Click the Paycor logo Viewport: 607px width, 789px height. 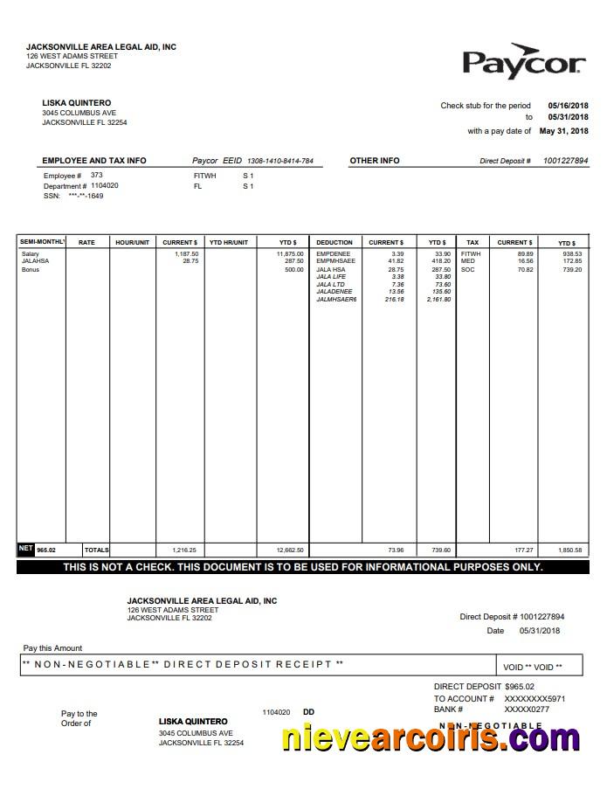pyautogui.click(x=523, y=61)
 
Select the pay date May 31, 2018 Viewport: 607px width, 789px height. pyautogui.click(x=563, y=131)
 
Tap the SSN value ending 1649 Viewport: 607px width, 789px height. pyautogui.click(x=86, y=196)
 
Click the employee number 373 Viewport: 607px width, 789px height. pyautogui.click(x=97, y=176)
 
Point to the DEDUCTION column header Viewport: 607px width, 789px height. pyautogui.click(x=335, y=242)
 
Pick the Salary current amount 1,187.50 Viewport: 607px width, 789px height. pyautogui.click(x=186, y=253)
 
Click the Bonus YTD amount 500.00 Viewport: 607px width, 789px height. pyautogui.click(x=293, y=269)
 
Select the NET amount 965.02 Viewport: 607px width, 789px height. pyautogui.click(x=45, y=550)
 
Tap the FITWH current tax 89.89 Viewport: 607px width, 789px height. pyautogui.click(x=524, y=253)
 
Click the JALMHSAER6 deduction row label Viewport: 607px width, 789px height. pyautogui.click(x=336, y=300)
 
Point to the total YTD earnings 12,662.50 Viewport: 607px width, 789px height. pyautogui.click(x=290, y=550)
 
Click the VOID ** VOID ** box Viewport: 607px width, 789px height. pyautogui.click(x=533, y=667)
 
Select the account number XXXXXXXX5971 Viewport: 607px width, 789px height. pyautogui.click(x=535, y=699)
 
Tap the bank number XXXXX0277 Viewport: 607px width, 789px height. pyautogui.click(x=527, y=709)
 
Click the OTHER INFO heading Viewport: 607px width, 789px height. pyautogui.click(x=374, y=161)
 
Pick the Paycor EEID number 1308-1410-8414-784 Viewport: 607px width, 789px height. pyautogui.click(x=279, y=162)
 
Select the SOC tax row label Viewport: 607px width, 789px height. pyautogui.click(x=467, y=269)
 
